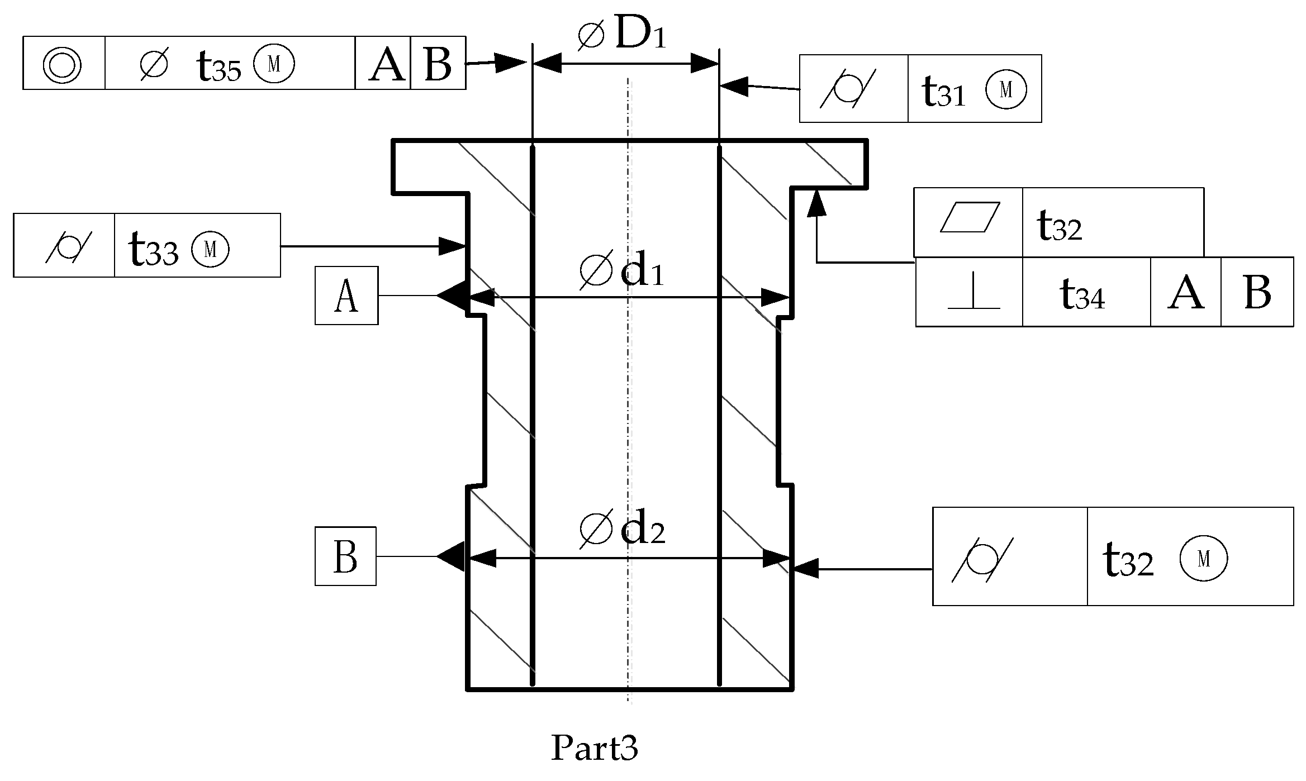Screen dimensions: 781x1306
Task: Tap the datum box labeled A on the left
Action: click(346, 296)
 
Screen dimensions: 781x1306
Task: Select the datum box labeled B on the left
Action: click(345, 556)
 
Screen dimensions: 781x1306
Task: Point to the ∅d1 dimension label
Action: click(621, 272)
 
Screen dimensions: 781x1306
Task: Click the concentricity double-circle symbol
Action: click(62, 64)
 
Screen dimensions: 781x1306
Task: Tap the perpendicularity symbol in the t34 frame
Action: click(973, 292)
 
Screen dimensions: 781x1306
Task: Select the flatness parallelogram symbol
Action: click(970, 217)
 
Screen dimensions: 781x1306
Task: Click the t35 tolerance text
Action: click(219, 66)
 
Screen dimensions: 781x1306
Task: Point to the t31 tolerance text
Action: click(943, 91)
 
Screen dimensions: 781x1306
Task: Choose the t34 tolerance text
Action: click(1082, 294)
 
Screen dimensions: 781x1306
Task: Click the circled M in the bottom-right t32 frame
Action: click(1203, 559)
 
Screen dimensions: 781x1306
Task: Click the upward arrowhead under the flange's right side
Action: click(816, 202)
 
